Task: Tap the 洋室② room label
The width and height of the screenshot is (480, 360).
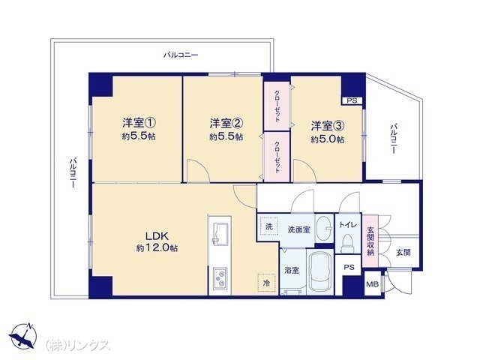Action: (x=226, y=123)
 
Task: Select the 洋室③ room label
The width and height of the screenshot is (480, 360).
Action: (x=328, y=126)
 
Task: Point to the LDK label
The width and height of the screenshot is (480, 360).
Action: (x=157, y=236)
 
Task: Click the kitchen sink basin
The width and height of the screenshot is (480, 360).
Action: (x=220, y=233)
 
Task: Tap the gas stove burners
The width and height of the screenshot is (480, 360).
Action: (x=220, y=278)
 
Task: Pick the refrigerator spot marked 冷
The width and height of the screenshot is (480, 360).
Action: (x=267, y=283)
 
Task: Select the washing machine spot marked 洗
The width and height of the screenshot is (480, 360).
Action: (x=268, y=226)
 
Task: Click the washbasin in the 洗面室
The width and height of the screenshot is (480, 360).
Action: (x=324, y=228)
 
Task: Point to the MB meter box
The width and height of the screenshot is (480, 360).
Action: (x=373, y=284)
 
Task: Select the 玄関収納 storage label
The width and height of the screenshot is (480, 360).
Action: (x=370, y=241)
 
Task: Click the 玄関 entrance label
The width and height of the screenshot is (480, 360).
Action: (x=403, y=253)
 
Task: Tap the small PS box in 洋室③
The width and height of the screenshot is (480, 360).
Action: (x=352, y=100)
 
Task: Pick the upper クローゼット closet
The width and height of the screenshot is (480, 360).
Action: (x=277, y=106)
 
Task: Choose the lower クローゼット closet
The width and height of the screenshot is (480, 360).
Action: (x=277, y=157)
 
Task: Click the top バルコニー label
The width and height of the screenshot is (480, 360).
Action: (x=181, y=55)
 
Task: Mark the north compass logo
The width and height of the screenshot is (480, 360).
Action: (x=23, y=336)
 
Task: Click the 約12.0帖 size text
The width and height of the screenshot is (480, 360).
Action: (x=157, y=248)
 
